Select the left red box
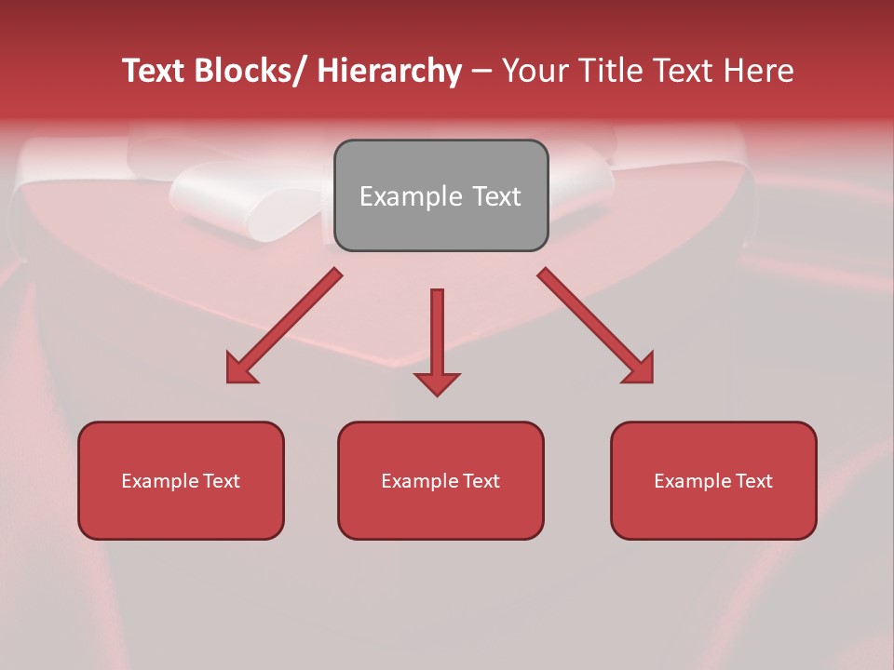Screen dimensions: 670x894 pyautogui.click(x=181, y=480)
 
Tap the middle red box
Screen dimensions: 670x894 pyautogui.click(x=440, y=480)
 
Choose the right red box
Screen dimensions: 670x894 pyautogui.click(x=713, y=480)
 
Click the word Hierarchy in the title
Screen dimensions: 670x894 pyautogui.click(x=388, y=72)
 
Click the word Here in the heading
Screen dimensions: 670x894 pyautogui.click(x=759, y=72)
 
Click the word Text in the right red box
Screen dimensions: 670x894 pyautogui.click(x=753, y=481)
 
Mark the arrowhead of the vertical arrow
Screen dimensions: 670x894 pyautogui.click(x=437, y=382)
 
